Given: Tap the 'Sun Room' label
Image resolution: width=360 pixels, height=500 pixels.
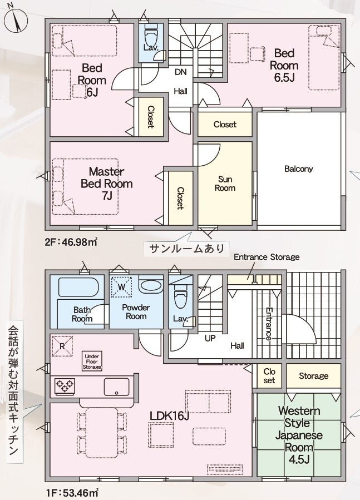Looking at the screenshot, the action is pyautogui.click(x=225, y=184).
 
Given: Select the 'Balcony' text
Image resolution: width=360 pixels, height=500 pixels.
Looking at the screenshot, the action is pyautogui.click(x=299, y=169).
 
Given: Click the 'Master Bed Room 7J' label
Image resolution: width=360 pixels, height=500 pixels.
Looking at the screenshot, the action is pyautogui.click(x=106, y=184).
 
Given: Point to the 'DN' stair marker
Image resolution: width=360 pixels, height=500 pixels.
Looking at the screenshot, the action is pyautogui.click(x=181, y=72).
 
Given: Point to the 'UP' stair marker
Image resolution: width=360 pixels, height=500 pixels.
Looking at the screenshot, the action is pyautogui.click(x=210, y=338).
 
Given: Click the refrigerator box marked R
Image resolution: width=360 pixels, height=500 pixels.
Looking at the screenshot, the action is pyautogui.click(x=62, y=346).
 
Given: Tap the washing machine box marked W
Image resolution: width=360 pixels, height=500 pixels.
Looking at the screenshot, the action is pyautogui.click(x=121, y=287).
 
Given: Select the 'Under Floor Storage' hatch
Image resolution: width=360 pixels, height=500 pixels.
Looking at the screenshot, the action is pyautogui.click(x=92, y=362).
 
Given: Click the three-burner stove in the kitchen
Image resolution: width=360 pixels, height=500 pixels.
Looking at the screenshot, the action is pyautogui.click(x=65, y=386).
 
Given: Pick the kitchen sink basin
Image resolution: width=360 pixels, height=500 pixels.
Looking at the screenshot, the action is pyautogui.click(x=117, y=387).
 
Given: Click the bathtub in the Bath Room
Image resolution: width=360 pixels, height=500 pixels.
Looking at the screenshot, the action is pyautogui.click(x=78, y=287).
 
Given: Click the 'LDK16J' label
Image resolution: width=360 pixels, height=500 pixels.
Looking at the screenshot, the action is pyautogui.click(x=170, y=415).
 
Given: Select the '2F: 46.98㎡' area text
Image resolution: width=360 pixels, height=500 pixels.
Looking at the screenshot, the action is pyautogui.click(x=71, y=242).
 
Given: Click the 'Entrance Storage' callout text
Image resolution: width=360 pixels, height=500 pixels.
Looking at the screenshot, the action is pyautogui.click(x=267, y=257).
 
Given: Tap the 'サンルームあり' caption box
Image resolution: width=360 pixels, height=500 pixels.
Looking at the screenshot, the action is pyautogui.click(x=187, y=248).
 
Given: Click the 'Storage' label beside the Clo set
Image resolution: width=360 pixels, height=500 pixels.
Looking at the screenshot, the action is pyautogui.click(x=313, y=376).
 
